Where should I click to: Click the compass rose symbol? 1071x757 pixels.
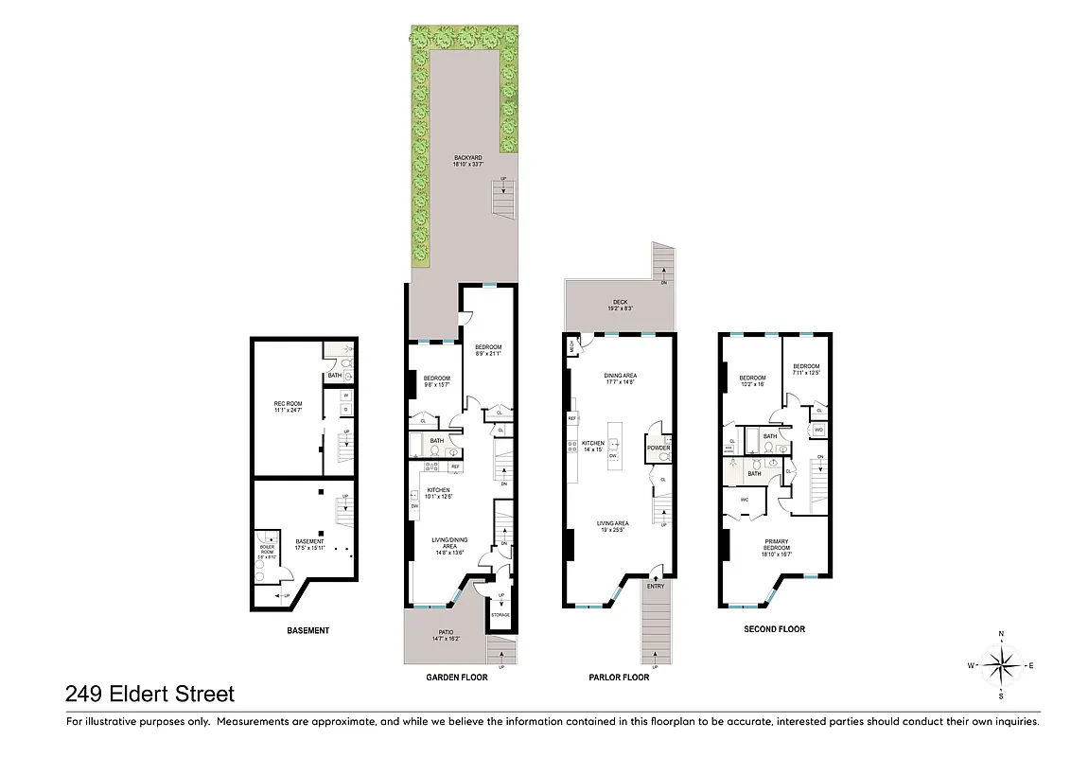(1001, 665)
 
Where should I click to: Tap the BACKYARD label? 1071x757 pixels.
(468, 158)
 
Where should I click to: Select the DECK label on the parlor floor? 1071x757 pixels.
(620, 303)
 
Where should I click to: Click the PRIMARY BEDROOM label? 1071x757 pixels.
(777, 545)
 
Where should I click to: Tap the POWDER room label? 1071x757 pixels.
(658, 448)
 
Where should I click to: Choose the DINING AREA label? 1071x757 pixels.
(620, 376)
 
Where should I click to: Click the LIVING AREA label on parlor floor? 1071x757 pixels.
(613, 523)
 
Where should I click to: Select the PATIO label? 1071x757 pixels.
(446, 633)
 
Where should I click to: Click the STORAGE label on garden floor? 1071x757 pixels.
(500, 615)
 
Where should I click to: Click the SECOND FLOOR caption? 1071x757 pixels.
(774, 629)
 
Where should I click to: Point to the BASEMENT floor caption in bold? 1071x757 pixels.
(307, 631)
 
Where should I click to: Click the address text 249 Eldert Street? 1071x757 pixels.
(149, 695)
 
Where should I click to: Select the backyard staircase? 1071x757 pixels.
(504, 199)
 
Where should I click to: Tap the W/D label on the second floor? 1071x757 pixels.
(818, 431)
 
